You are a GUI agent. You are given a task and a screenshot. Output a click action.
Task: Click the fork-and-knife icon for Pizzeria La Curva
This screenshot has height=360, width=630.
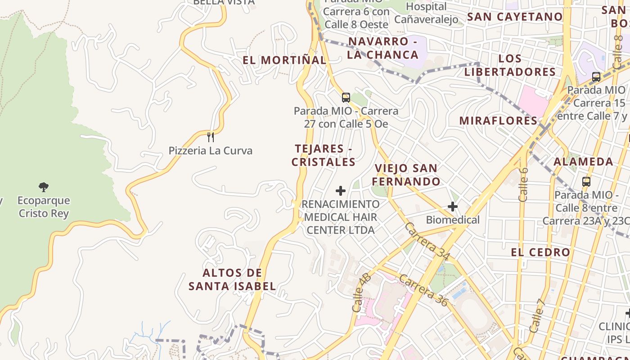pos(210,136)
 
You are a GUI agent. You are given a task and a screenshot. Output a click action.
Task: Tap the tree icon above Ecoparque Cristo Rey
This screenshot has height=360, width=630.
pos(44,187)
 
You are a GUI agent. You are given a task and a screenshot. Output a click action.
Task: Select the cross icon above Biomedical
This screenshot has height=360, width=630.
pos(453,207)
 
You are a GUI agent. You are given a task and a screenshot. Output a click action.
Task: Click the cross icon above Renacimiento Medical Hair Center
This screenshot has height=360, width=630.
pos(341,191)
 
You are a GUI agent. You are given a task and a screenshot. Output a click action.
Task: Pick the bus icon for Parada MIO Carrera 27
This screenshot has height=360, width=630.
pos(346,97)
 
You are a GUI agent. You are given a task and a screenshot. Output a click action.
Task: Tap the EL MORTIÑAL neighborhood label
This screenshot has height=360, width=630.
pos(284,60)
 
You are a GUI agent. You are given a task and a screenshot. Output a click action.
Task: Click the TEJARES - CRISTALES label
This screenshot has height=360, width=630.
pos(323,155)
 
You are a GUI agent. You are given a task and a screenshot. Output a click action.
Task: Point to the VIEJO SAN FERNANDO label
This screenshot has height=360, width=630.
pos(406,175)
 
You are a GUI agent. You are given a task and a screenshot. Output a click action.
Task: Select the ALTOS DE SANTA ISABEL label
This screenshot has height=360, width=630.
pos(232,279)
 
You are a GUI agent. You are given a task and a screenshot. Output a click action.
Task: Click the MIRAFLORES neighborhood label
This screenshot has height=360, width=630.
pos(498,121)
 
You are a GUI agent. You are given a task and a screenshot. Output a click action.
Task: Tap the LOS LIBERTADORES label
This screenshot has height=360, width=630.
pos(510,65)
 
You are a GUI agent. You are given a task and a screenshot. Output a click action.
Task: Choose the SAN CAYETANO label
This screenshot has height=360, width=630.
pos(515,17)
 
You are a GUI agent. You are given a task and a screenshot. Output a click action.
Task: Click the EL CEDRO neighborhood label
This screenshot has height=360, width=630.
pos(540,252)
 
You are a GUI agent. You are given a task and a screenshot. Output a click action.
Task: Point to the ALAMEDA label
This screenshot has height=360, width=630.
pos(583,162)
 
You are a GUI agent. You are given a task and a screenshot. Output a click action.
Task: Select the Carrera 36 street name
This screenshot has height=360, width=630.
pos(423,290)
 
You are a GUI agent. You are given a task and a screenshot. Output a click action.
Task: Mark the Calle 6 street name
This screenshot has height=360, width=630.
pos(523,184)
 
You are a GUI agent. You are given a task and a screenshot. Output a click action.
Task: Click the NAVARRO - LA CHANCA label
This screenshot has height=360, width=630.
pos(383,48)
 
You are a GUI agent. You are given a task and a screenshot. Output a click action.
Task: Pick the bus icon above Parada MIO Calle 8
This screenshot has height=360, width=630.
pos(586,182)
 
